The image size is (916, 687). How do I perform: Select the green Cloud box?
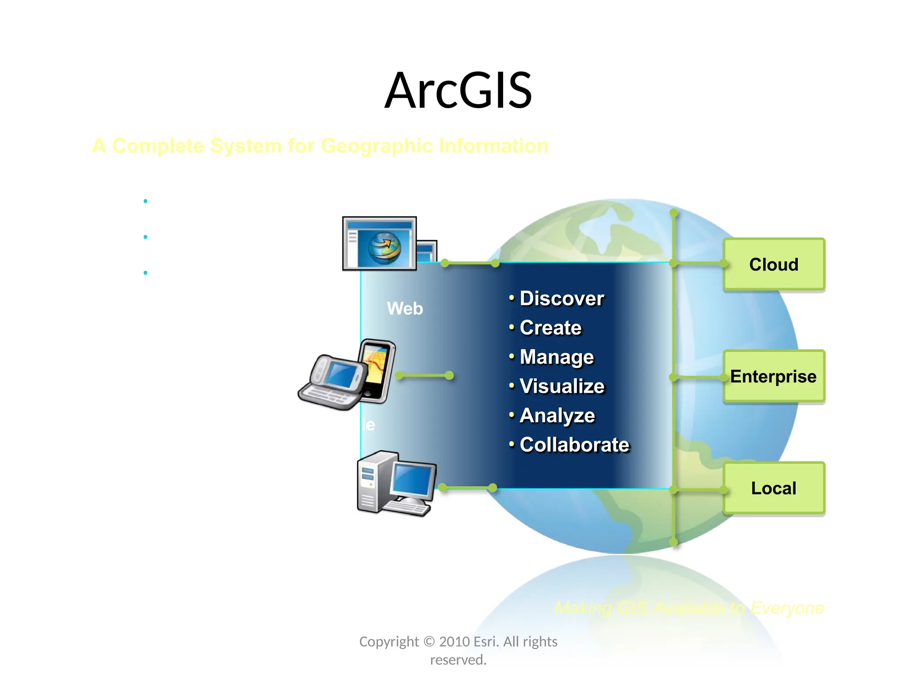point(774,264)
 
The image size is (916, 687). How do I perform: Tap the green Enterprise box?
point(774,377)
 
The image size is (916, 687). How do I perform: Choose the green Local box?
point(774,488)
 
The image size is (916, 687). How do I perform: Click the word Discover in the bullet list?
point(562,299)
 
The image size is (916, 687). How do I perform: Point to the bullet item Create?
point(551,328)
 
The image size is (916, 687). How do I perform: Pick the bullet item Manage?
point(557,357)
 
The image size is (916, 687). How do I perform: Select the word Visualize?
point(562,386)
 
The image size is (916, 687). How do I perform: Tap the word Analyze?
point(557,416)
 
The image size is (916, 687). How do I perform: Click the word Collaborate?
point(575,445)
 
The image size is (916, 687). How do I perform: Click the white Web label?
point(405,309)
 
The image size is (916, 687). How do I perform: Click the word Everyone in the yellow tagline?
point(787,608)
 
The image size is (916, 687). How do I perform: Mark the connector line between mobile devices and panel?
point(424,376)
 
